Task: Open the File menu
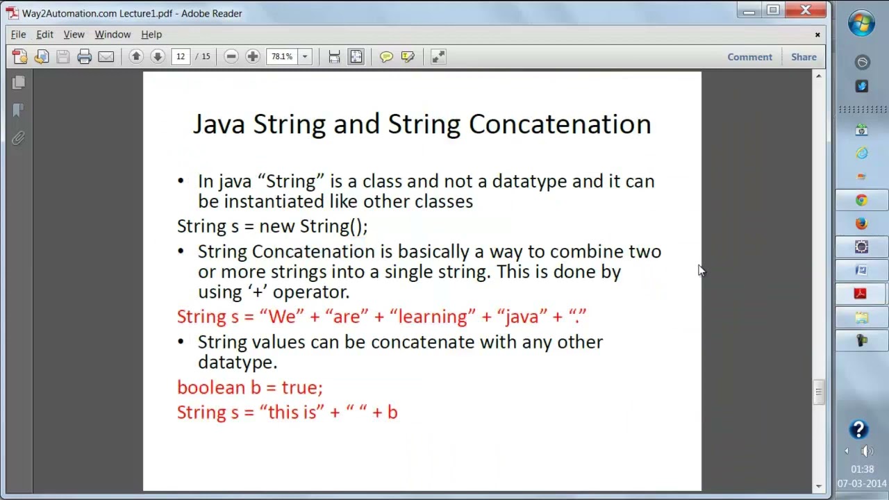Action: click(18, 34)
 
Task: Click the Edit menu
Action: click(44, 34)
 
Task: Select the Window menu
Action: click(113, 34)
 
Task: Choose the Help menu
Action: click(151, 34)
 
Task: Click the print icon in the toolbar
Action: click(85, 57)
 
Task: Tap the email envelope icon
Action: click(106, 57)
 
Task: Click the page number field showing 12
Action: click(181, 57)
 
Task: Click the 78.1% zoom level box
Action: click(282, 57)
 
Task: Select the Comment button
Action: click(749, 57)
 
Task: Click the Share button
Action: click(804, 57)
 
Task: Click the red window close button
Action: click(805, 10)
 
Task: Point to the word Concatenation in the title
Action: click(560, 124)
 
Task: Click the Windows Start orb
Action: click(861, 24)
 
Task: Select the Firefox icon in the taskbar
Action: click(861, 224)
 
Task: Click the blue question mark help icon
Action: click(859, 429)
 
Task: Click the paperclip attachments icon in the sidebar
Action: click(19, 138)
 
